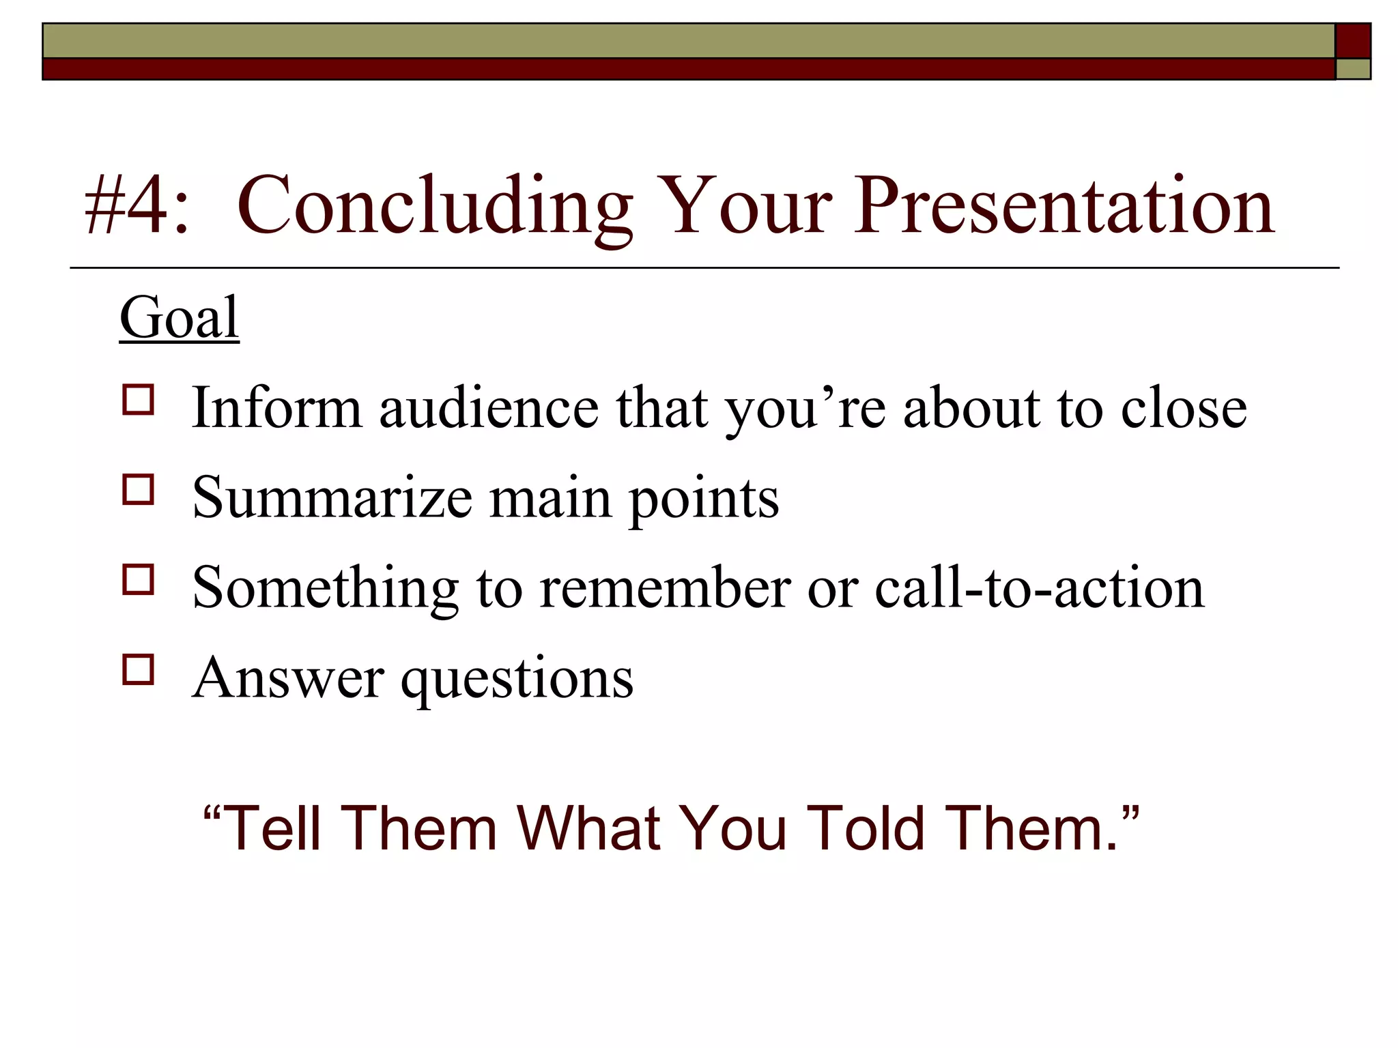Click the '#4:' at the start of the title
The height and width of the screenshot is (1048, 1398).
point(135,205)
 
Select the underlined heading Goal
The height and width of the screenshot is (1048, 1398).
point(179,318)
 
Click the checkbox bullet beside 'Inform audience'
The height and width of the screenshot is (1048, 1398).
point(139,399)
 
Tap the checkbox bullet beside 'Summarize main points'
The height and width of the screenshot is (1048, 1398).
point(139,489)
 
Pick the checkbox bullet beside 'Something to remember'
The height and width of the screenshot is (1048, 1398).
point(139,579)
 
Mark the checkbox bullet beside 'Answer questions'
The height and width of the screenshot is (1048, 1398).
point(139,669)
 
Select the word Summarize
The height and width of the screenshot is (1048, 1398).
point(332,498)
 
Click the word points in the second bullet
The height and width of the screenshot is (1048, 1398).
point(704,500)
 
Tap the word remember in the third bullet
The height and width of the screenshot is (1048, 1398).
point(665,588)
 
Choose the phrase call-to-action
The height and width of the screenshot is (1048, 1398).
point(1039,588)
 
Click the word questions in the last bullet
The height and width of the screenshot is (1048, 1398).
point(517,680)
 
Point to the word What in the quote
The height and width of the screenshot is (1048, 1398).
point(588,828)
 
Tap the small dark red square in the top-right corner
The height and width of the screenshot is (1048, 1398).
point(1353,41)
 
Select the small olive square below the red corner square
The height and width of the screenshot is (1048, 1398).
point(1353,69)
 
